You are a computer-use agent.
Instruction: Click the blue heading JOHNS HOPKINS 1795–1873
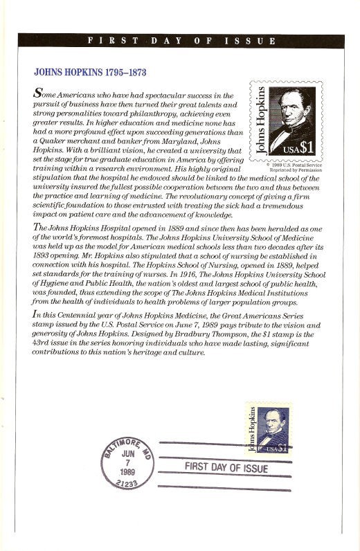pyautogui.click(x=90, y=72)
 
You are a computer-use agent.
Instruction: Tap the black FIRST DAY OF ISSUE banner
pyautogui.click(x=181, y=41)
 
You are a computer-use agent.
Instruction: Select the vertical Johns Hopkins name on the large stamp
pyautogui.click(x=260, y=121)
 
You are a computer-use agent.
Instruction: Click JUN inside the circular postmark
pyautogui.click(x=128, y=453)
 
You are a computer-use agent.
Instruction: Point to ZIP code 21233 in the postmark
pyautogui.click(x=127, y=485)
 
